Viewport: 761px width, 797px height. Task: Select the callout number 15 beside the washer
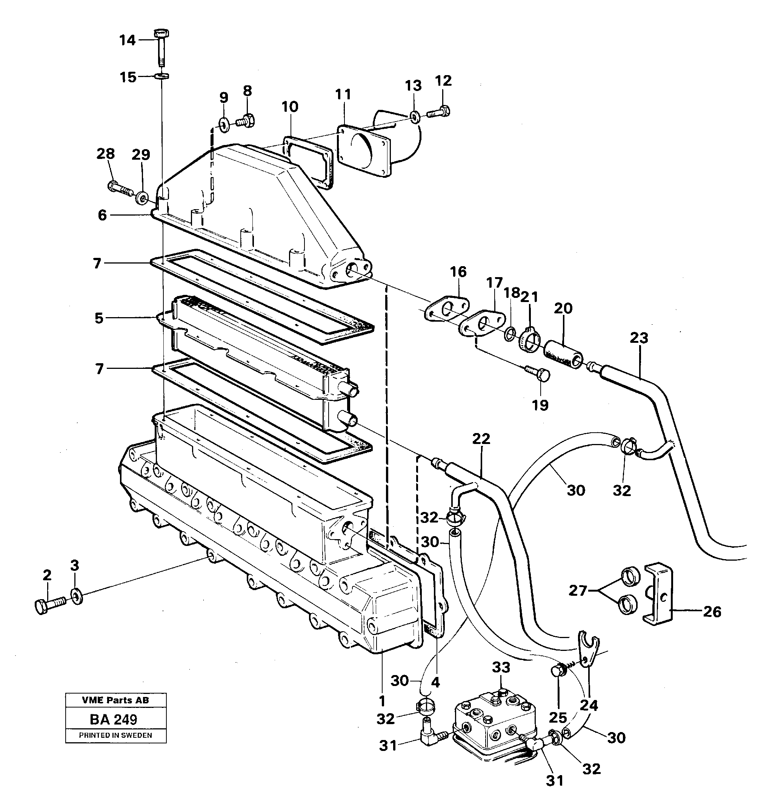[x=128, y=77]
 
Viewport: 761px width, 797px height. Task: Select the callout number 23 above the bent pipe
[x=639, y=338]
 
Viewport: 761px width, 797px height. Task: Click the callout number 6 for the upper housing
[x=102, y=215]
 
